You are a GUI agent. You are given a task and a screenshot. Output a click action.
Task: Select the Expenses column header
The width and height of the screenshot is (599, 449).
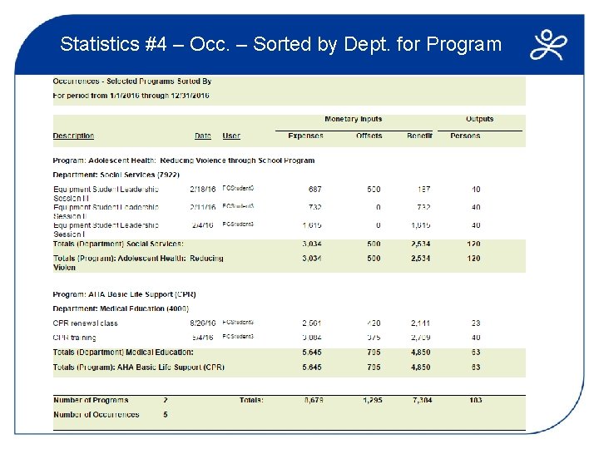[305, 136]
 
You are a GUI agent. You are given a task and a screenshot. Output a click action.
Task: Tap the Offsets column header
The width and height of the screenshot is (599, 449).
[369, 136]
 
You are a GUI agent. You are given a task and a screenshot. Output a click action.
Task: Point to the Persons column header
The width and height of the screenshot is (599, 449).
[465, 136]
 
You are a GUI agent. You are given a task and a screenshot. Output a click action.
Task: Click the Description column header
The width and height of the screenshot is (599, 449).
[73, 136]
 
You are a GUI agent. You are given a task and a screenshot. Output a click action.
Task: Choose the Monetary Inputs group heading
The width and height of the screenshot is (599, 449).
[353, 120]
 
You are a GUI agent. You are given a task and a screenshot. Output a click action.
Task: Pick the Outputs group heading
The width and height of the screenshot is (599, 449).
[479, 120]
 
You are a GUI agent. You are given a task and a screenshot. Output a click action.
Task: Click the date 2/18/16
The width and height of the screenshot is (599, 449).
[202, 190]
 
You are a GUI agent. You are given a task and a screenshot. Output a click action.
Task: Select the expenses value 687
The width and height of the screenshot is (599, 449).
[314, 190]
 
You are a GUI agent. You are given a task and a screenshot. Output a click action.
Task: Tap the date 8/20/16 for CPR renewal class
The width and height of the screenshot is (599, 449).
[202, 323]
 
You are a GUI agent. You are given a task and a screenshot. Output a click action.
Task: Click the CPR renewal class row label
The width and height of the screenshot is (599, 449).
[85, 323]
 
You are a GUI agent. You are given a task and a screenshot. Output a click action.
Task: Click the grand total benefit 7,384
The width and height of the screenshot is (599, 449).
[421, 400]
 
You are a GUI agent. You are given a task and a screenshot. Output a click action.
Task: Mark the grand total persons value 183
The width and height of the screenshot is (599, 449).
[475, 400]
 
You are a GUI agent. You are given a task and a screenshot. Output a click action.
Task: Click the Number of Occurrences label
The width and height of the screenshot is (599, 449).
[96, 414]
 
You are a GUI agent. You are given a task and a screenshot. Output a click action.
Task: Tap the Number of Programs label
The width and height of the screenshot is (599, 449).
[90, 400]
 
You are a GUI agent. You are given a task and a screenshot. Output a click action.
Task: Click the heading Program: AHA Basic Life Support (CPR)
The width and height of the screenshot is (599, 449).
[124, 294]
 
